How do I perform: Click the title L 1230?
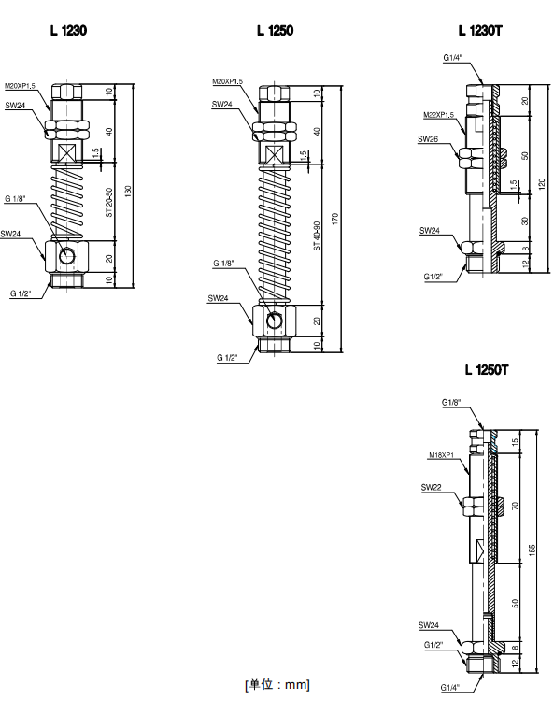[68, 31]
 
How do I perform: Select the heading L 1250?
[275, 31]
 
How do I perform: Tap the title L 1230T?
[480, 31]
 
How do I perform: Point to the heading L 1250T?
[486, 370]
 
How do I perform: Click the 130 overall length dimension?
[128, 191]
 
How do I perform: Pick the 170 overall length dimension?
[335, 219]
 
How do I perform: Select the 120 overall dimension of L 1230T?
[542, 183]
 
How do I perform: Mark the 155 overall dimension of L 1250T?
[532, 550]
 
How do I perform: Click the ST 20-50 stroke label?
[109, 202]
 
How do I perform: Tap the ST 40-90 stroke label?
[317, 236]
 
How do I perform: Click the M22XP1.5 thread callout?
[438, 115]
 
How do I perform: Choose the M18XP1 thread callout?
[442, 455]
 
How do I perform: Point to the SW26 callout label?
[428, 139]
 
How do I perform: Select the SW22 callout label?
[431, 487]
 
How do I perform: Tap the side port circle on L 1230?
[67, 256]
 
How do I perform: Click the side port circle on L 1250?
[275, 321]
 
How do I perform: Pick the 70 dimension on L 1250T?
[515, 506]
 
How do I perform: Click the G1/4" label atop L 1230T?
[452, 58]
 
